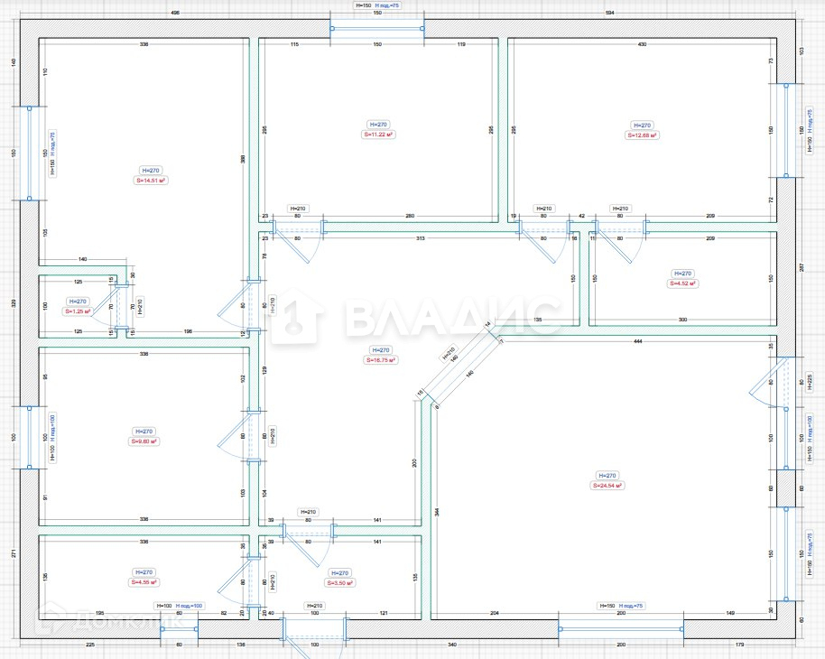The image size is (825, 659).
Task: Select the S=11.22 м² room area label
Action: pyautogui.click(x=379, y=135)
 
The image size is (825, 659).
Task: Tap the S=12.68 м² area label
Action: pyautogui.click(x=643, y=135)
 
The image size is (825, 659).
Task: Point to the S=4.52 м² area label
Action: pyautogui.click(x=683, y=283)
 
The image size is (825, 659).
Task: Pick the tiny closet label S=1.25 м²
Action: pyautogui.click(x=79, y=311)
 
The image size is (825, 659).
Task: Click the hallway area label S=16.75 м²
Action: pyautogui.click(x=382, y=359)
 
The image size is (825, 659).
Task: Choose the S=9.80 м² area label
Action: pyautogui.click(x=144, y=441)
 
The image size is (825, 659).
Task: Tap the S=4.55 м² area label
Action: pyautogui.click(x=145, y=582)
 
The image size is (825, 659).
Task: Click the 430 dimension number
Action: pyautogui.click(x=642, y=44)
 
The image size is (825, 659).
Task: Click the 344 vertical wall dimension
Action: pyautogui.click(x=436, y=511)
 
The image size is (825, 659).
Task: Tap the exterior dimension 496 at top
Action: pyautogui.click(x=174, y=14)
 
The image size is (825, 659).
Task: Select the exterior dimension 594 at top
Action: pyautogui.click(x=609, y=14)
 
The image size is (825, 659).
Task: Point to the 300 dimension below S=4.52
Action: pyautogui.click(x=683, y=320)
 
